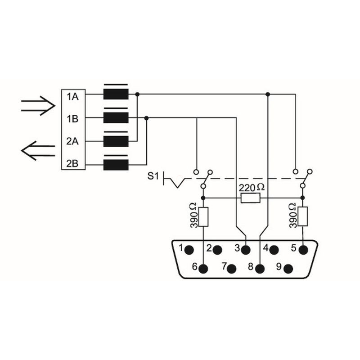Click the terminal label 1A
click(72, 97)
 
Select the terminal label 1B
click(72, 119)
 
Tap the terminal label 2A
click(72, 141)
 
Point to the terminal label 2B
click(72, 163)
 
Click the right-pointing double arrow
click(38, 106)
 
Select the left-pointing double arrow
click(38, 151)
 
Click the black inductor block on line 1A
click(116, 94)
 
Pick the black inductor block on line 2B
click(116, 165)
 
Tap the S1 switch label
click(153, 176)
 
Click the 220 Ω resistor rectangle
click(251, 198)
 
